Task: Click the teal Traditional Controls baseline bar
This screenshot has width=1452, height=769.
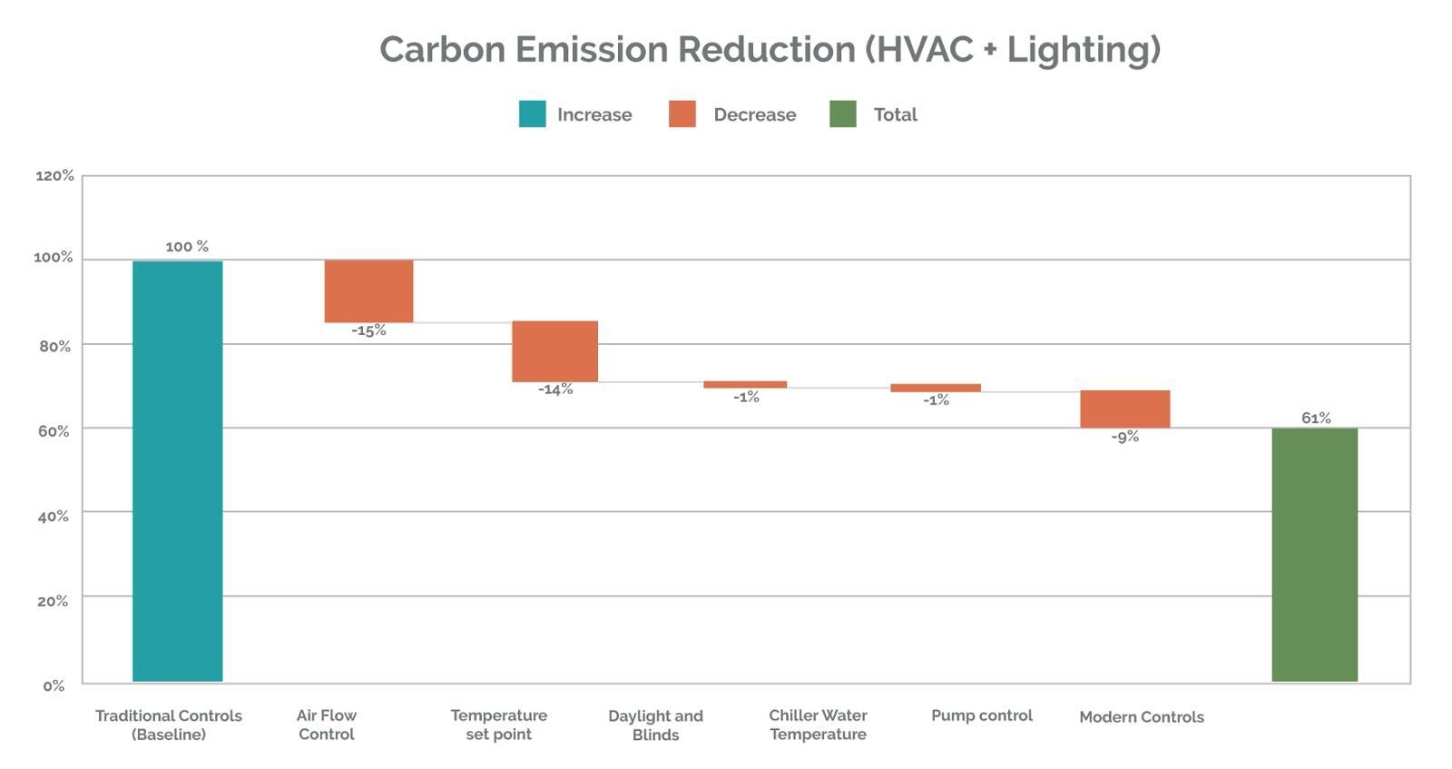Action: (x=177, y=470)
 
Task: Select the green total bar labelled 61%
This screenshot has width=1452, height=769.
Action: (x=1314, y=554)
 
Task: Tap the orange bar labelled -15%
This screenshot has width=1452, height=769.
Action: (x=368, y=291)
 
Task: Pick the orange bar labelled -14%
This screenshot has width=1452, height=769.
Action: (x=554, y=351)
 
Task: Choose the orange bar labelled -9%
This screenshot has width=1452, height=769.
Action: (x=1124, y=409)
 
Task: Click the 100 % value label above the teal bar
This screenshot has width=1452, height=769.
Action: (x=187, y=246)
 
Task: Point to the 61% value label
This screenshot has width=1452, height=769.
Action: (x=1316, y=418)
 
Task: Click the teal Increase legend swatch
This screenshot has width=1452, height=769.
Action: (x=532, y=114)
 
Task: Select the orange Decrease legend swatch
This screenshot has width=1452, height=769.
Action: (x=682, y=114)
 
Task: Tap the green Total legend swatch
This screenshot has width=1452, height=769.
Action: (x=843, y=114)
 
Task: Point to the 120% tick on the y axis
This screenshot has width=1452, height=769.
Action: (x=54, y=175)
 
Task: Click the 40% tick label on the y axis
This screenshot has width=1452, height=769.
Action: (x=54, y=516)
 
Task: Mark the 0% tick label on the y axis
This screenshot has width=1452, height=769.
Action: (x=54, y=685)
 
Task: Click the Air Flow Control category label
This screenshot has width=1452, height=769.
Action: (x=327, y=725)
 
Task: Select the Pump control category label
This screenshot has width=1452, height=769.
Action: (x=982, y=715)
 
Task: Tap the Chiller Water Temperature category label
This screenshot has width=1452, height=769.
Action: (x=818, y=725)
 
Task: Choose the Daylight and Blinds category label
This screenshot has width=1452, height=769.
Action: (x=655, y=725)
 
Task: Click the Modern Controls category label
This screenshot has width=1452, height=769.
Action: (x=1142, y=716)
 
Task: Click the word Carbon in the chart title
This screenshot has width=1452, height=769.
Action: (x=443, y=49)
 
